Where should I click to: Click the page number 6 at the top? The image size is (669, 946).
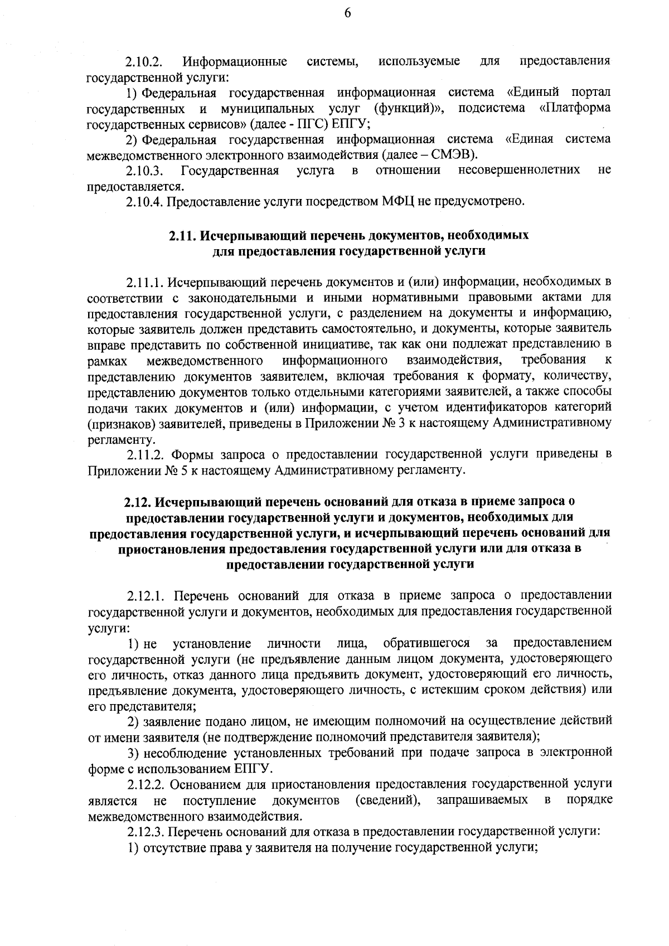(347, 13)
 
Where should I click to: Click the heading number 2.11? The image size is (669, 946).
(182, 235)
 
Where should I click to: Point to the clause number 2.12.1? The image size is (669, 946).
(146, 596)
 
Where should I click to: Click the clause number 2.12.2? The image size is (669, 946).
(146, 785)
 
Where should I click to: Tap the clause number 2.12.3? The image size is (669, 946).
(146, 833)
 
